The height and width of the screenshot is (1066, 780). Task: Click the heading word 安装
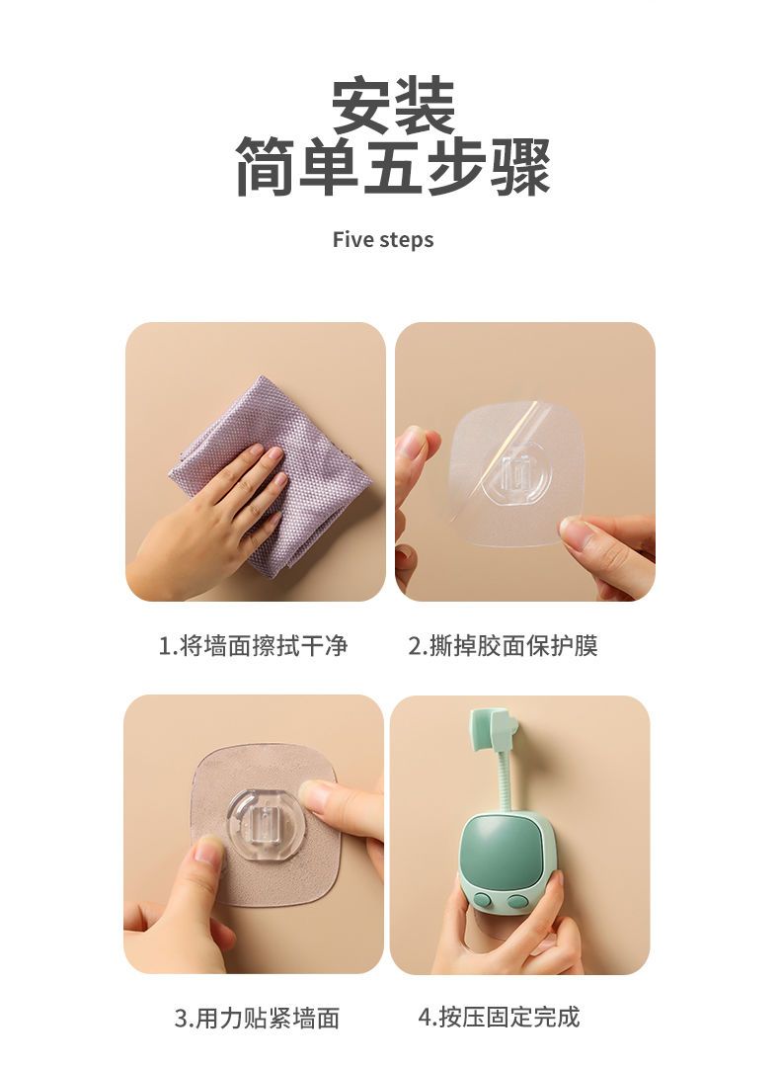(393, 106)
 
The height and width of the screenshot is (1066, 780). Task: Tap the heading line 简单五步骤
(393, 167)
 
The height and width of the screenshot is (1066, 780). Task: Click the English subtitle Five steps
(382, 240)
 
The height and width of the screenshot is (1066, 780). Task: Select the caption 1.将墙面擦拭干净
(253, 645)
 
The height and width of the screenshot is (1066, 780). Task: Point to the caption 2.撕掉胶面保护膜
(503, 645)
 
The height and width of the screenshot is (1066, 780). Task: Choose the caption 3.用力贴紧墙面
(257, 1018)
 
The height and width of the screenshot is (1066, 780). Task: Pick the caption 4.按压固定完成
(499, 1017)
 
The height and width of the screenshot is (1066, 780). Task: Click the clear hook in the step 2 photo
(515, 475)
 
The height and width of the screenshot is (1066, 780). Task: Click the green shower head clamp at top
(495, 734)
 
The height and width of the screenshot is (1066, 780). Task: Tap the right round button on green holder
(517, 902)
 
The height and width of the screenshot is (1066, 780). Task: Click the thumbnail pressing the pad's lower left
(208, 851)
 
